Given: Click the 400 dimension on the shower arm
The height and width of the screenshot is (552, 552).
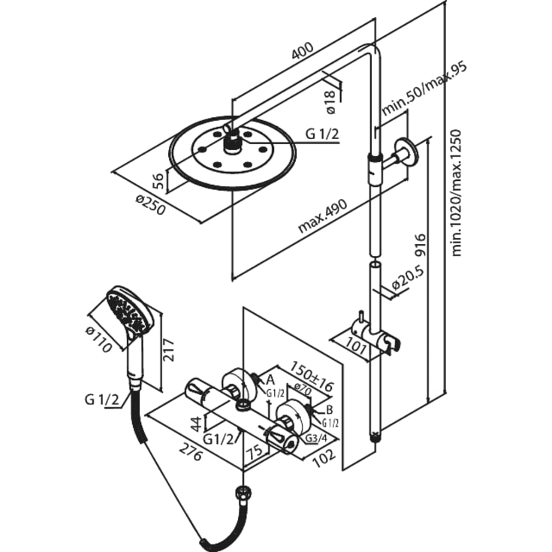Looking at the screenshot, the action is (302, 51).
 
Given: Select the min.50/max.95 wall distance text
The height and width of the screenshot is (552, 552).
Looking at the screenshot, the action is (425, 89).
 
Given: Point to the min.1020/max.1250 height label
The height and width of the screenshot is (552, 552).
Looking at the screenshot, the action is (457, 192).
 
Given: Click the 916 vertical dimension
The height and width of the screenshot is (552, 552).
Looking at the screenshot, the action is (420, 246).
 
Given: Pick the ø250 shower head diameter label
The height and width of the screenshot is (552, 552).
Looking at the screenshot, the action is (150, 205).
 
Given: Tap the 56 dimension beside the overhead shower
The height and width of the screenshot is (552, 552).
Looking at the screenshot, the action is (158, 181).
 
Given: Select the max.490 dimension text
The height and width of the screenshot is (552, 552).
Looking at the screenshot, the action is (322, 216).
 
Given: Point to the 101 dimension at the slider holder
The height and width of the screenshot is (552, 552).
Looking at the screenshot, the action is (354, 346).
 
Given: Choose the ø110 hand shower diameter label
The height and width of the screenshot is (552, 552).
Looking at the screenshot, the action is (99, 339).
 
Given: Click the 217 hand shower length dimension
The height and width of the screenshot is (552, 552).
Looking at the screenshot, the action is (169, 350).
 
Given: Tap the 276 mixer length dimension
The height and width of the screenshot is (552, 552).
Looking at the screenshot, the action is (192, 451).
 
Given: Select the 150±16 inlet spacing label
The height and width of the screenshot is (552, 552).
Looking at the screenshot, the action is (311, 376).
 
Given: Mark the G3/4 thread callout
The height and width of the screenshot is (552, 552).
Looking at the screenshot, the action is (315, 439).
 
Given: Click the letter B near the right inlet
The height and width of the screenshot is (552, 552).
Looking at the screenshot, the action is (330, 410).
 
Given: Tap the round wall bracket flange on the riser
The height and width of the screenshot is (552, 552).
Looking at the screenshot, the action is (406, 152).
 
